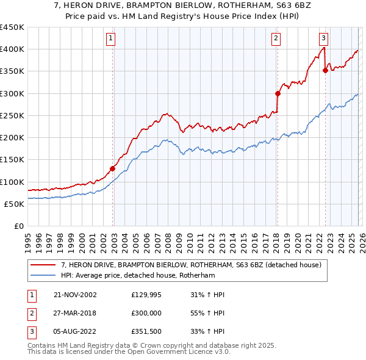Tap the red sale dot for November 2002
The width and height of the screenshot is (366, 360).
point(113,168)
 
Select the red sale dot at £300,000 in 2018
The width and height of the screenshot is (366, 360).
point(278,93)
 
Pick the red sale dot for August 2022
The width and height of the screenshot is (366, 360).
point(325,71)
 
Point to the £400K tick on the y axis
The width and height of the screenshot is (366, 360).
point(12,49)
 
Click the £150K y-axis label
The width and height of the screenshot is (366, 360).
point(12,160)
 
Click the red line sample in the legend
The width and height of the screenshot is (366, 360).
point(44,265)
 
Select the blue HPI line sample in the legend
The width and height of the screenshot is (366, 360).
point(44,275)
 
